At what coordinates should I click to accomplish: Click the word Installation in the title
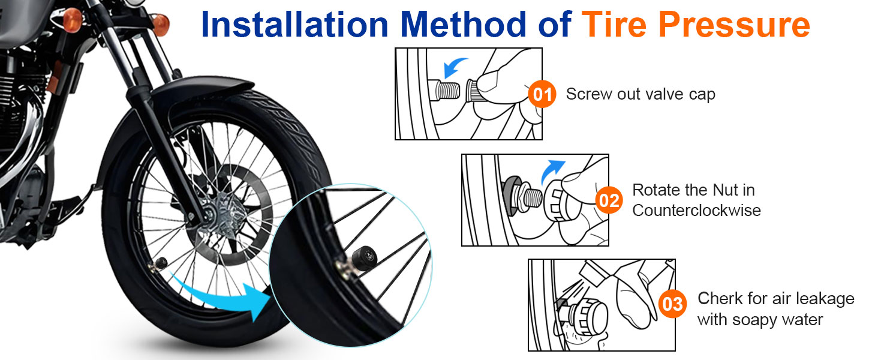point(294,25)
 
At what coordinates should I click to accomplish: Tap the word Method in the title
point(464,25)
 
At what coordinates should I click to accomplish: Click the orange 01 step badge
point(542,94)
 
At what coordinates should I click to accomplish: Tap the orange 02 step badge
point(609,200)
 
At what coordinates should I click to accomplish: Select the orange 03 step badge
point(673,304)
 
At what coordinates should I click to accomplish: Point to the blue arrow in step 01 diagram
point(455,67)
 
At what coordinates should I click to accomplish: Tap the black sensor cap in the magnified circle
point(365,257)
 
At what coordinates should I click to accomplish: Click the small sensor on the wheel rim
point(161,262)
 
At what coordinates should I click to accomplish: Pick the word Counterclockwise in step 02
point(696,211)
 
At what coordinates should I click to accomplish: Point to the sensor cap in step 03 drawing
point(588,316)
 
